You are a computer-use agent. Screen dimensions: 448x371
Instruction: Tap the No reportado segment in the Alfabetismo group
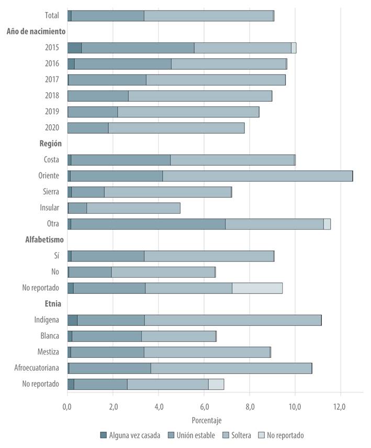point(257,288)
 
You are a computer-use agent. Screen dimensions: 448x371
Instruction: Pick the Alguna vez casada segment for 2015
point(74,48)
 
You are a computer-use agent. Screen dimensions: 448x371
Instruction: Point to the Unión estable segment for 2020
point(88,128)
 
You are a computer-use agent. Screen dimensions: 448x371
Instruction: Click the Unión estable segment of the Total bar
point(107,16)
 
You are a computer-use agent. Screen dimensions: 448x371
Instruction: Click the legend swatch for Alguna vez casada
point(104,435)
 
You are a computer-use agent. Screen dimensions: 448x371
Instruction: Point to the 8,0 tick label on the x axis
point(250,407)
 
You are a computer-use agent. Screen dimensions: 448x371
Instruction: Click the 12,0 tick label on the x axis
point(340,407)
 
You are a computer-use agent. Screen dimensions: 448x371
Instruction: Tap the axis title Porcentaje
point(206,420)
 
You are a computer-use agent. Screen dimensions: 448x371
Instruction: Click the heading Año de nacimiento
point(36,31)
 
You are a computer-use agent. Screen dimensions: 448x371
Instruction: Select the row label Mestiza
point(48,352)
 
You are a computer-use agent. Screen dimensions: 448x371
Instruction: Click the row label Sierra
point(51,192)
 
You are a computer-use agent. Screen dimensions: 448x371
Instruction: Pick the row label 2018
point(52,96)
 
